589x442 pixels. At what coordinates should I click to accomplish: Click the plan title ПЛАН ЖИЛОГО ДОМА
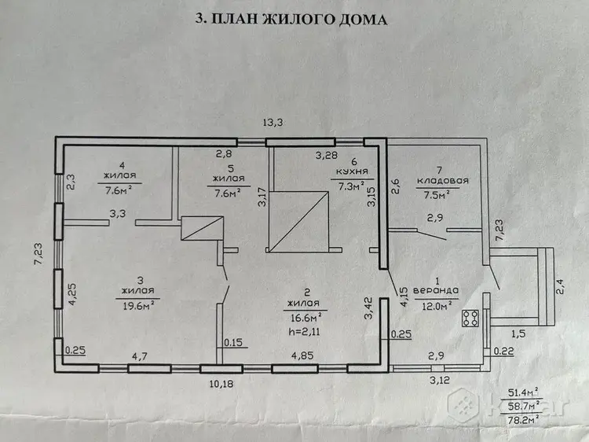coord(300,19)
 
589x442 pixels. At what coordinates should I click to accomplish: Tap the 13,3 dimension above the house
coord(273,123)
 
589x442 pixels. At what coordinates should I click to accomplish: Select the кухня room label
coord(352,171)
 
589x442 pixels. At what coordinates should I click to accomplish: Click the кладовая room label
coord(442,181)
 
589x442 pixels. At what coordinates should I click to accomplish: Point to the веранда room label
coord(436,290)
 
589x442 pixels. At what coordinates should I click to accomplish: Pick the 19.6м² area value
coord(139,305)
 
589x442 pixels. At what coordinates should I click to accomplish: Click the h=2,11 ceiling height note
coord(304,332)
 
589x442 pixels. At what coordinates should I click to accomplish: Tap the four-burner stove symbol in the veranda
coord(470,319)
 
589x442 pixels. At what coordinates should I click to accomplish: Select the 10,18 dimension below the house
coord(222,384)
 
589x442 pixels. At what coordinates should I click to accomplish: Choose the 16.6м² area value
coord(305,318)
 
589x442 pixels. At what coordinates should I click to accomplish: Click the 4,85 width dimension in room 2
coord(302,355)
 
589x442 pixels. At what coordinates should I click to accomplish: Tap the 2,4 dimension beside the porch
coord(560,286)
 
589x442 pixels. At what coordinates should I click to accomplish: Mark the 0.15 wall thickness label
coord(233,343)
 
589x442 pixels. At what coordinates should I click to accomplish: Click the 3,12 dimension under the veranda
coord(440,380)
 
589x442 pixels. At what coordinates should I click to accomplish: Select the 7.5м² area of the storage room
coord(437,195)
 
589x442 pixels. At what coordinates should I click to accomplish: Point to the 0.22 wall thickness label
coord(503,351)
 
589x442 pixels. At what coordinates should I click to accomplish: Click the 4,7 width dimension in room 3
coord(139,355)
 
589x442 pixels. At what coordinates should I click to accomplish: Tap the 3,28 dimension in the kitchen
coord(327,155)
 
